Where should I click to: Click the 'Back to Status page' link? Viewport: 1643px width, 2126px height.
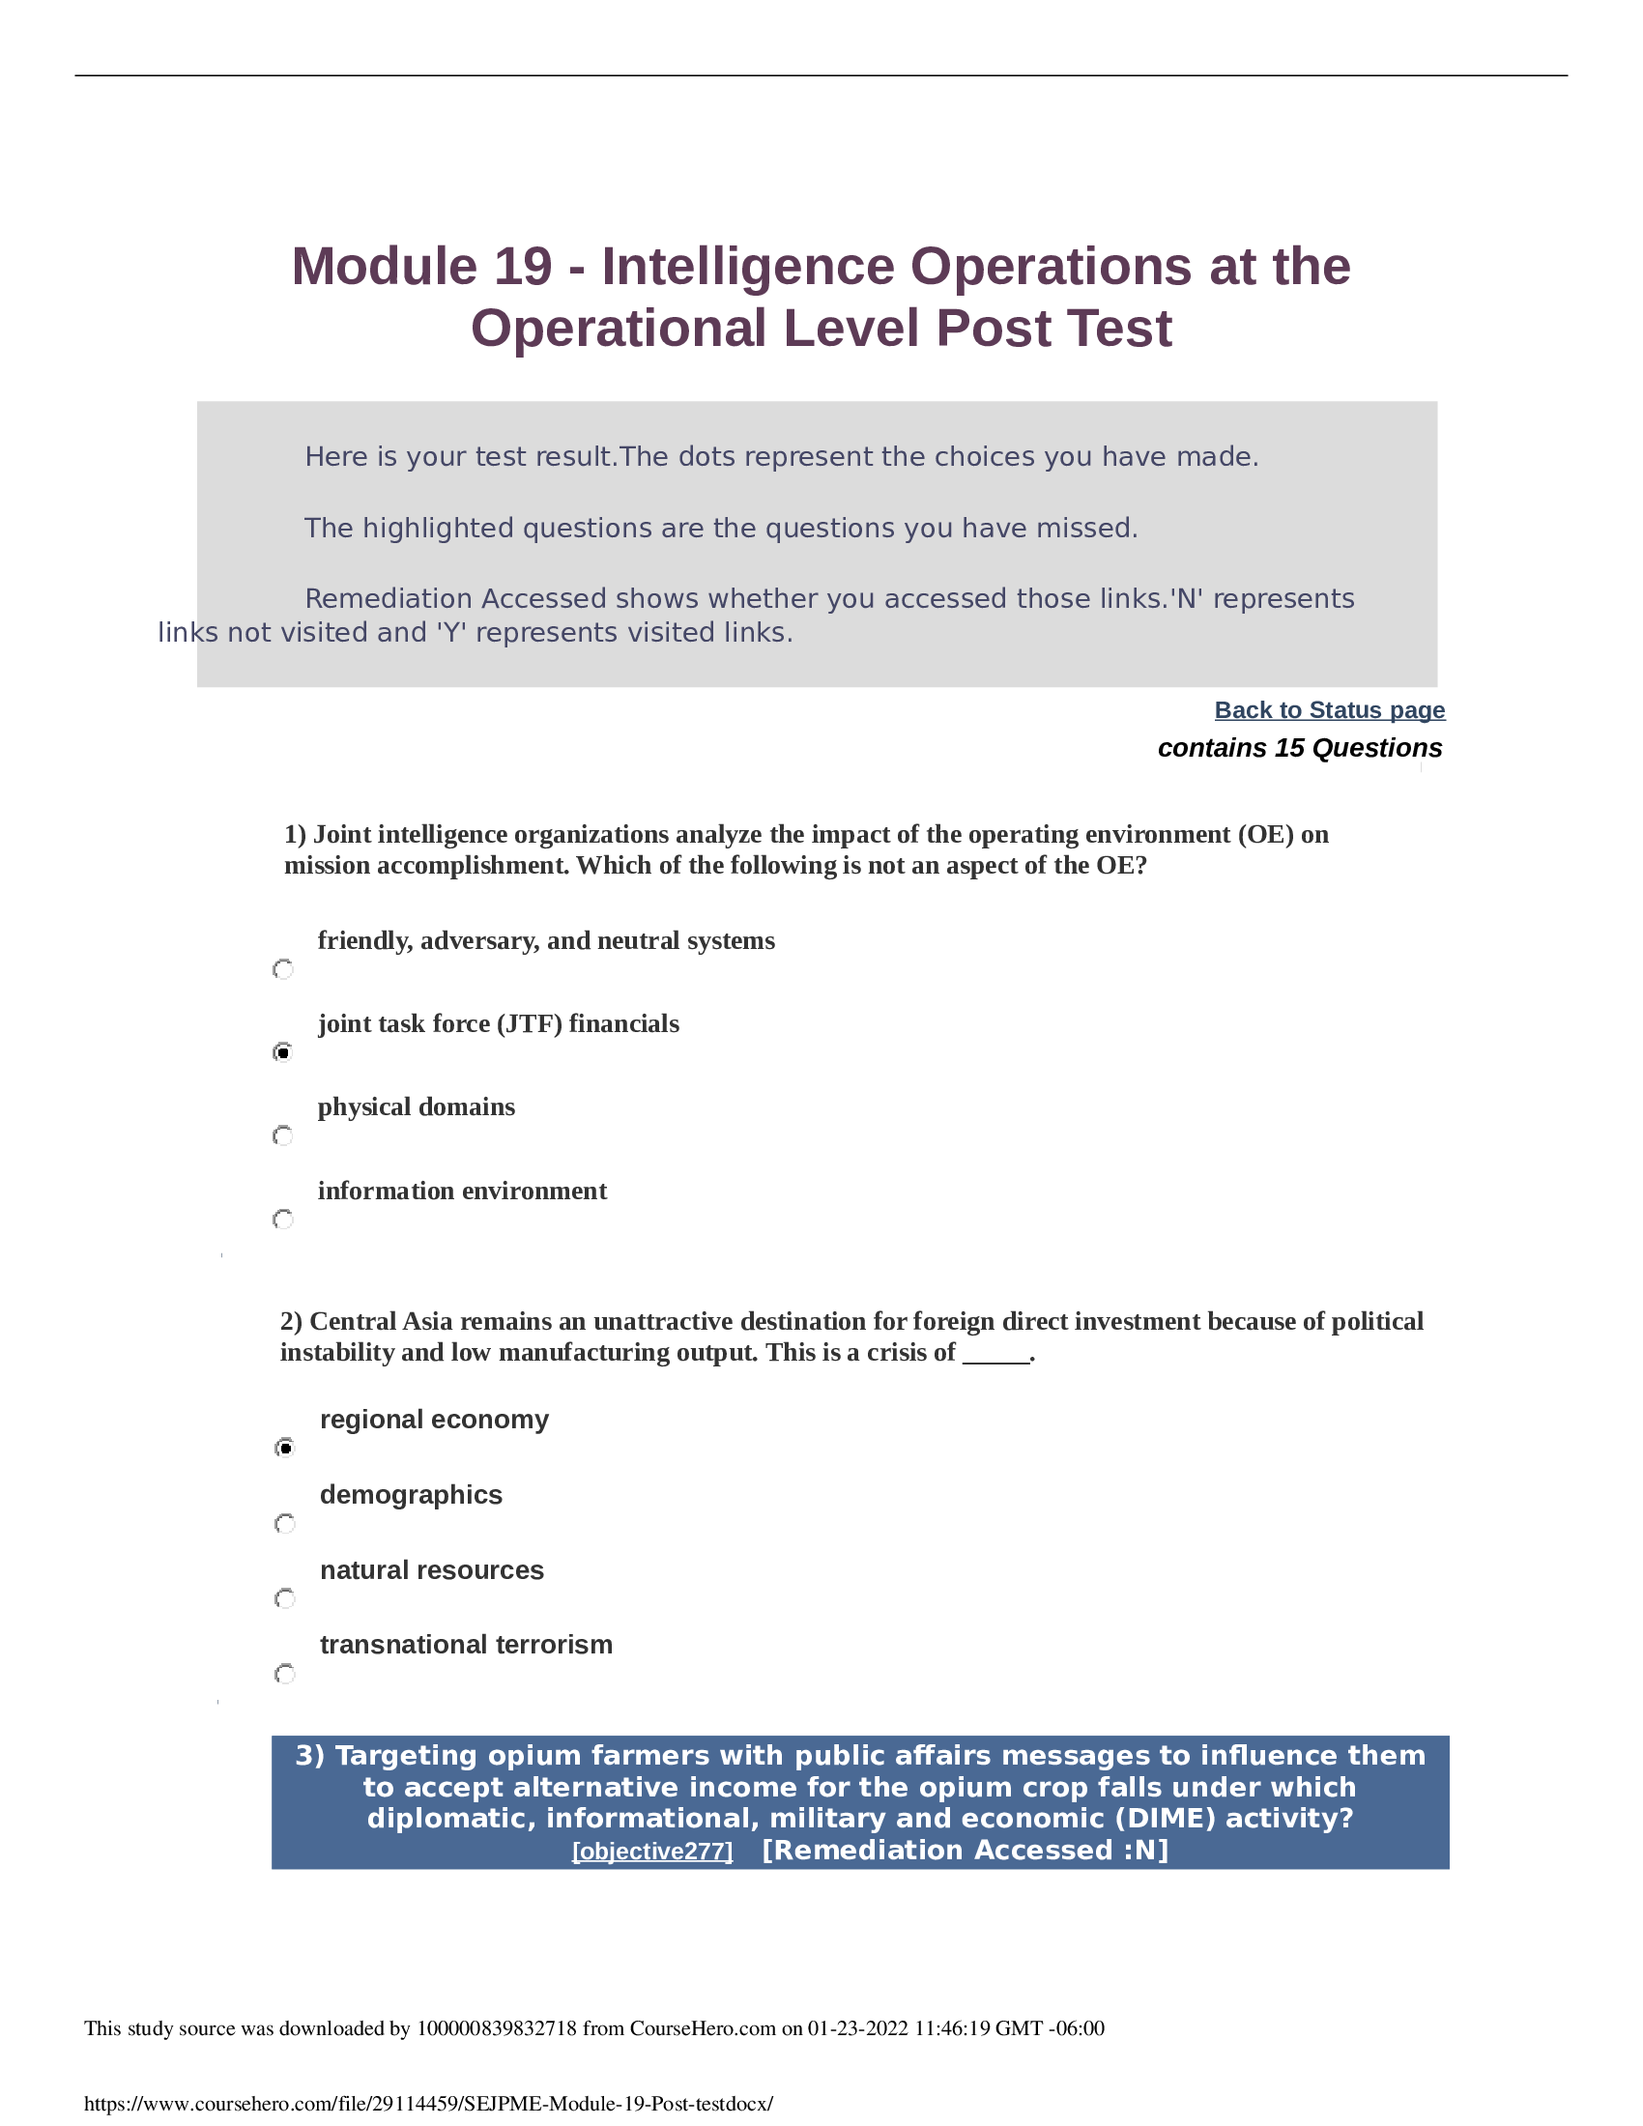click(x=1329, y=709)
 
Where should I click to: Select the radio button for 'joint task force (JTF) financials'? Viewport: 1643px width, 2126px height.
click(x=283, y=1052)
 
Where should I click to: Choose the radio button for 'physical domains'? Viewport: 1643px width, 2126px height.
click(x=283, y=1136)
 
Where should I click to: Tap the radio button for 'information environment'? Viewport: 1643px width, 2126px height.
click(x=283, y=1220)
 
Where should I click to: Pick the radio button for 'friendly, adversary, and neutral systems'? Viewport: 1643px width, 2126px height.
click(x=283, y=969)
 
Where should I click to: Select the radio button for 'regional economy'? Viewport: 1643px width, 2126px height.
click(x=285, y=1449)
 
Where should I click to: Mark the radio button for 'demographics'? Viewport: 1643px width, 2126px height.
click(x=285, y=1523)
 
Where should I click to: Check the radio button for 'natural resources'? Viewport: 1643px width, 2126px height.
click(x=285, y=1598)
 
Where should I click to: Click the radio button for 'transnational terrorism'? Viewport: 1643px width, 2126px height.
click(x=285, y=1675)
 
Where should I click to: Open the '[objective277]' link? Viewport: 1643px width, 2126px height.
click(x=652, y=1851)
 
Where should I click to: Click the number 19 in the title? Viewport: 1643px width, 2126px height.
click(x=523, y=267)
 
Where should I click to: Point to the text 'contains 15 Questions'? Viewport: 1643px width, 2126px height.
click(x=1299, y=748)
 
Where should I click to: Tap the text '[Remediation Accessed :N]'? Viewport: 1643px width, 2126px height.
click(x=965, y=1850)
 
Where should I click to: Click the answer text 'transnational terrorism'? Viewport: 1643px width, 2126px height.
click(x=466, y=1645)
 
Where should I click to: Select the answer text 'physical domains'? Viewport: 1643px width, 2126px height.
click(x=417, y=1107)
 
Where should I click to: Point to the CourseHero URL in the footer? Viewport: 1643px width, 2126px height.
click(x=428, y=2104)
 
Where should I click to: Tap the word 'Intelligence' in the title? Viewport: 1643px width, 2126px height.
click(x=747, y=267)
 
